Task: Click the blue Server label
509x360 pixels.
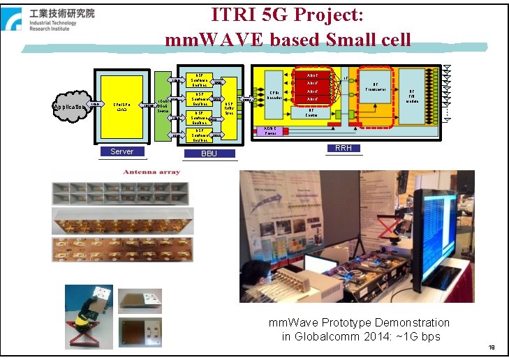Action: point(121,151)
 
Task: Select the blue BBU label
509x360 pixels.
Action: point(209,154)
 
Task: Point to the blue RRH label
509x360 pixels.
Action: point(344,149)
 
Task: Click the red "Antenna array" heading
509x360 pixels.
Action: point(152,172)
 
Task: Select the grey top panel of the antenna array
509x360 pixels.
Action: point(121,193)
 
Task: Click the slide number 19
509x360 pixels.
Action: point(492,347)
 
